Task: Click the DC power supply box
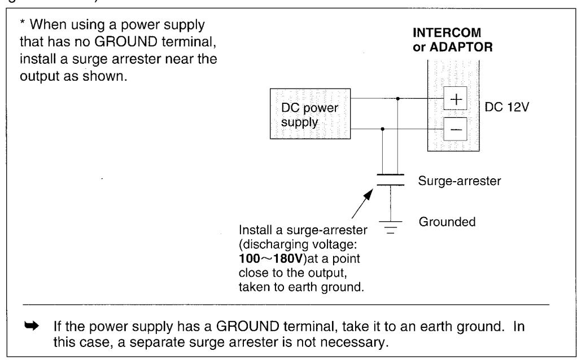point(310,113)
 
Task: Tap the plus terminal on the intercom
point(455,99)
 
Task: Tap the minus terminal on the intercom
point(455,129)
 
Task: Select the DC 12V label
point(507,107)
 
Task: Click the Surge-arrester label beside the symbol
point(459,181)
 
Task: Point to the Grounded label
point(447,222)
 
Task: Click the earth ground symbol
point(391,227)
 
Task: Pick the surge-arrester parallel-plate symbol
point(391,180)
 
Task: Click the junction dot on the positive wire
point(398,99)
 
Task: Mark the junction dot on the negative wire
point(383,129)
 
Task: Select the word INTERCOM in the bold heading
point(447,33)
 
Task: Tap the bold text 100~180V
point(270,258)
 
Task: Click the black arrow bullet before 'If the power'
point(32,326)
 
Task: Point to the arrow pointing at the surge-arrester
point(362,204)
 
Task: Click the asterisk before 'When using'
point(23,23)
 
